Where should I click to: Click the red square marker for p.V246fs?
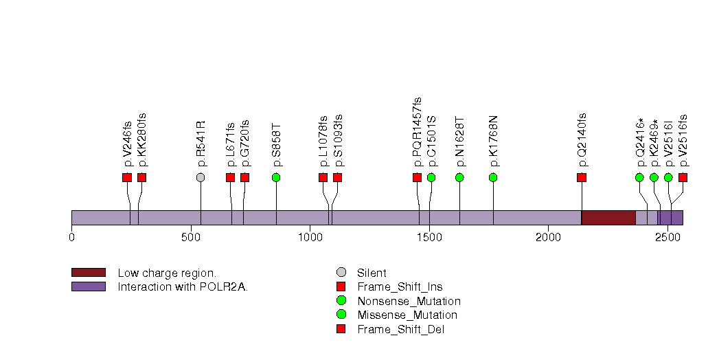click(127, 177)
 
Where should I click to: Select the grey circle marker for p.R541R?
click(201, 177)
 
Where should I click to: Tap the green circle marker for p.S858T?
click(276, 177)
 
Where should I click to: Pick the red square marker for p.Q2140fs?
click(582, 177)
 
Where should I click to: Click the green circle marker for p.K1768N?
click(493, 177)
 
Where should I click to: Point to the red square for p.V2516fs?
click(683, 177)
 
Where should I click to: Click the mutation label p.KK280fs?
click(142, 139)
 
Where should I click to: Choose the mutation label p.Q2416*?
click(640, 142)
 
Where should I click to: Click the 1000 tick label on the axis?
click(310, 238)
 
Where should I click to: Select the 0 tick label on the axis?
click(71, 238)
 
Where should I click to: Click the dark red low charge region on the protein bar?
click(608, 217)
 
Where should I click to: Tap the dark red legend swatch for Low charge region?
click(88, 273)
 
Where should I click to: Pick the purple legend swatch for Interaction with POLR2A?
click(88, 286)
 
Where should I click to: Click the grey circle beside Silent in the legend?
click(341, 273)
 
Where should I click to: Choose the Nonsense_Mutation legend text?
click(409, 301)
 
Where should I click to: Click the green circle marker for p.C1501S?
click(431, 177)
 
